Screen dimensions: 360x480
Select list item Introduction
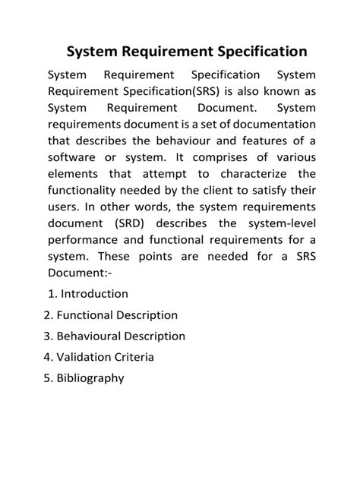94,293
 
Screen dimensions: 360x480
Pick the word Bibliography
90,377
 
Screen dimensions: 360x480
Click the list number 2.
48,314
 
